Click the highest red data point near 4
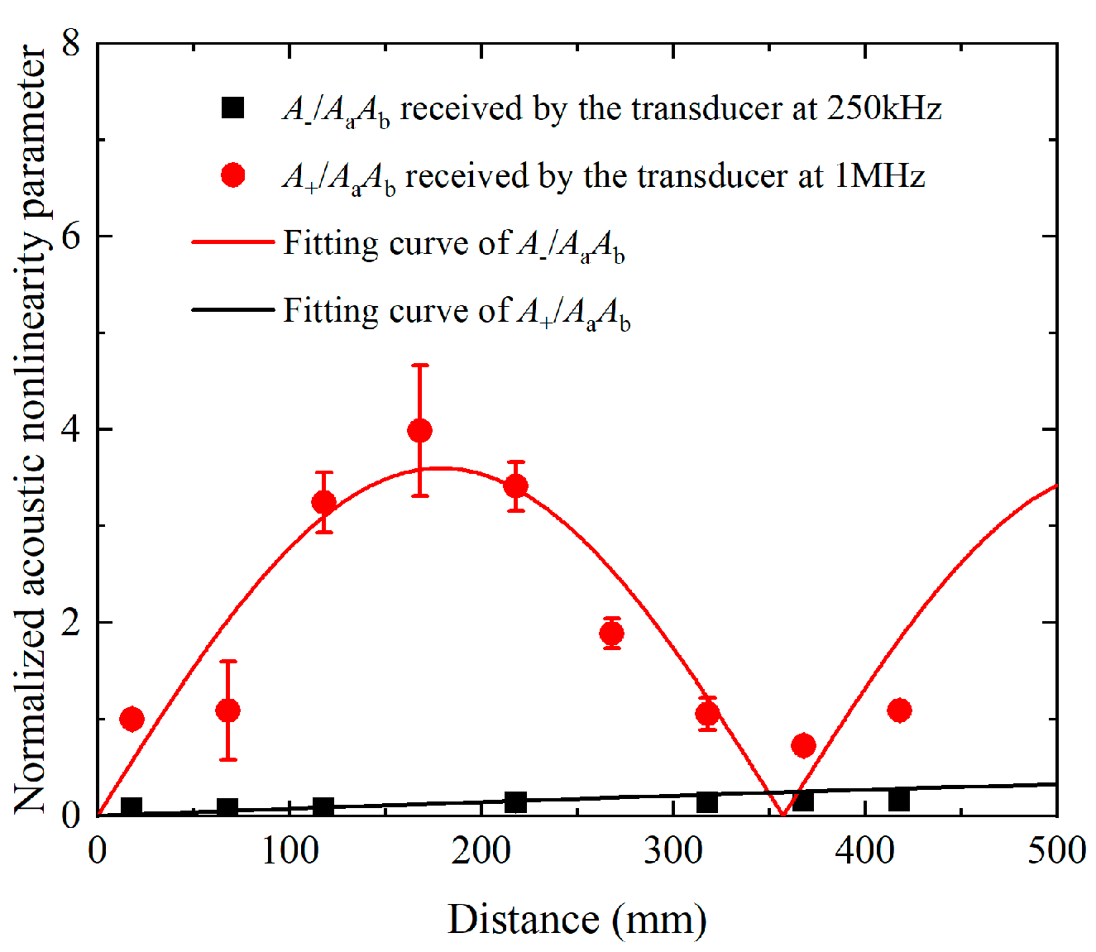[x=419, y=430]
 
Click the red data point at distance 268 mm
[x=611, y=634]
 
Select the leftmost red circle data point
[x=132, y=719]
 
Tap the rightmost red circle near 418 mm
[x=899, y=710]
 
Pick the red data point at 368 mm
[x=803, y=745]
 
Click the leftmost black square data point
[x=132, y=807]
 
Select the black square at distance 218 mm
[x=515, y=801]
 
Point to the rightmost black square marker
[x=899, y=800]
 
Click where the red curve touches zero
[x=783, y=815]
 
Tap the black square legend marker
[x=233, y=108]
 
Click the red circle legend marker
[x=233, y=175]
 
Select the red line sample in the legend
[x=232, y=242]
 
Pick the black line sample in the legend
[x=232, y=310]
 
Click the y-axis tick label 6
[x=71, y=236]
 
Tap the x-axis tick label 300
[x=672, y=851]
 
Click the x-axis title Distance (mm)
[x=577, y=919]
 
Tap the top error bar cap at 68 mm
[x=227, y=661]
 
